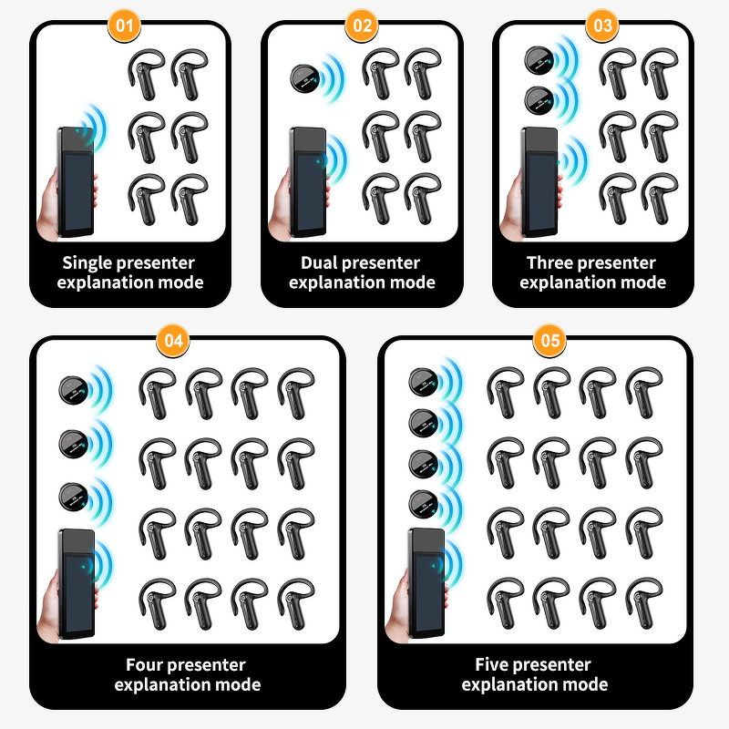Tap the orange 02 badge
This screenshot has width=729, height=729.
click(x=362, y=25)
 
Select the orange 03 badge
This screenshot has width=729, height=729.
click(x=602, y=25)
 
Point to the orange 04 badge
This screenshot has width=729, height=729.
click(x=172, y=341)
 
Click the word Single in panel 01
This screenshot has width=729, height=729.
click(x=89, y=263)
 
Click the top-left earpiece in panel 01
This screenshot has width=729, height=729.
click(x=145, y=73)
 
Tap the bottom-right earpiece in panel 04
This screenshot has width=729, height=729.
click(x=297, y=601)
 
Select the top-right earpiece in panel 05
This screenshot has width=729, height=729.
click(x=645, y=390)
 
